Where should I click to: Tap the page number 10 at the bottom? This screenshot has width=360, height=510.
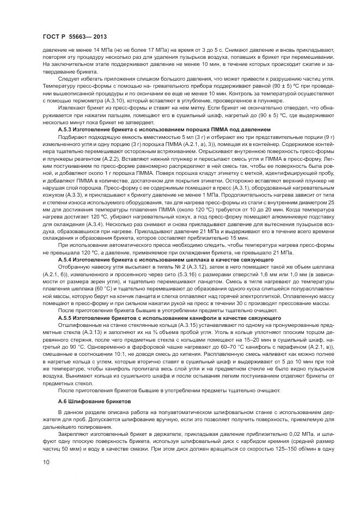(46, 463)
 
